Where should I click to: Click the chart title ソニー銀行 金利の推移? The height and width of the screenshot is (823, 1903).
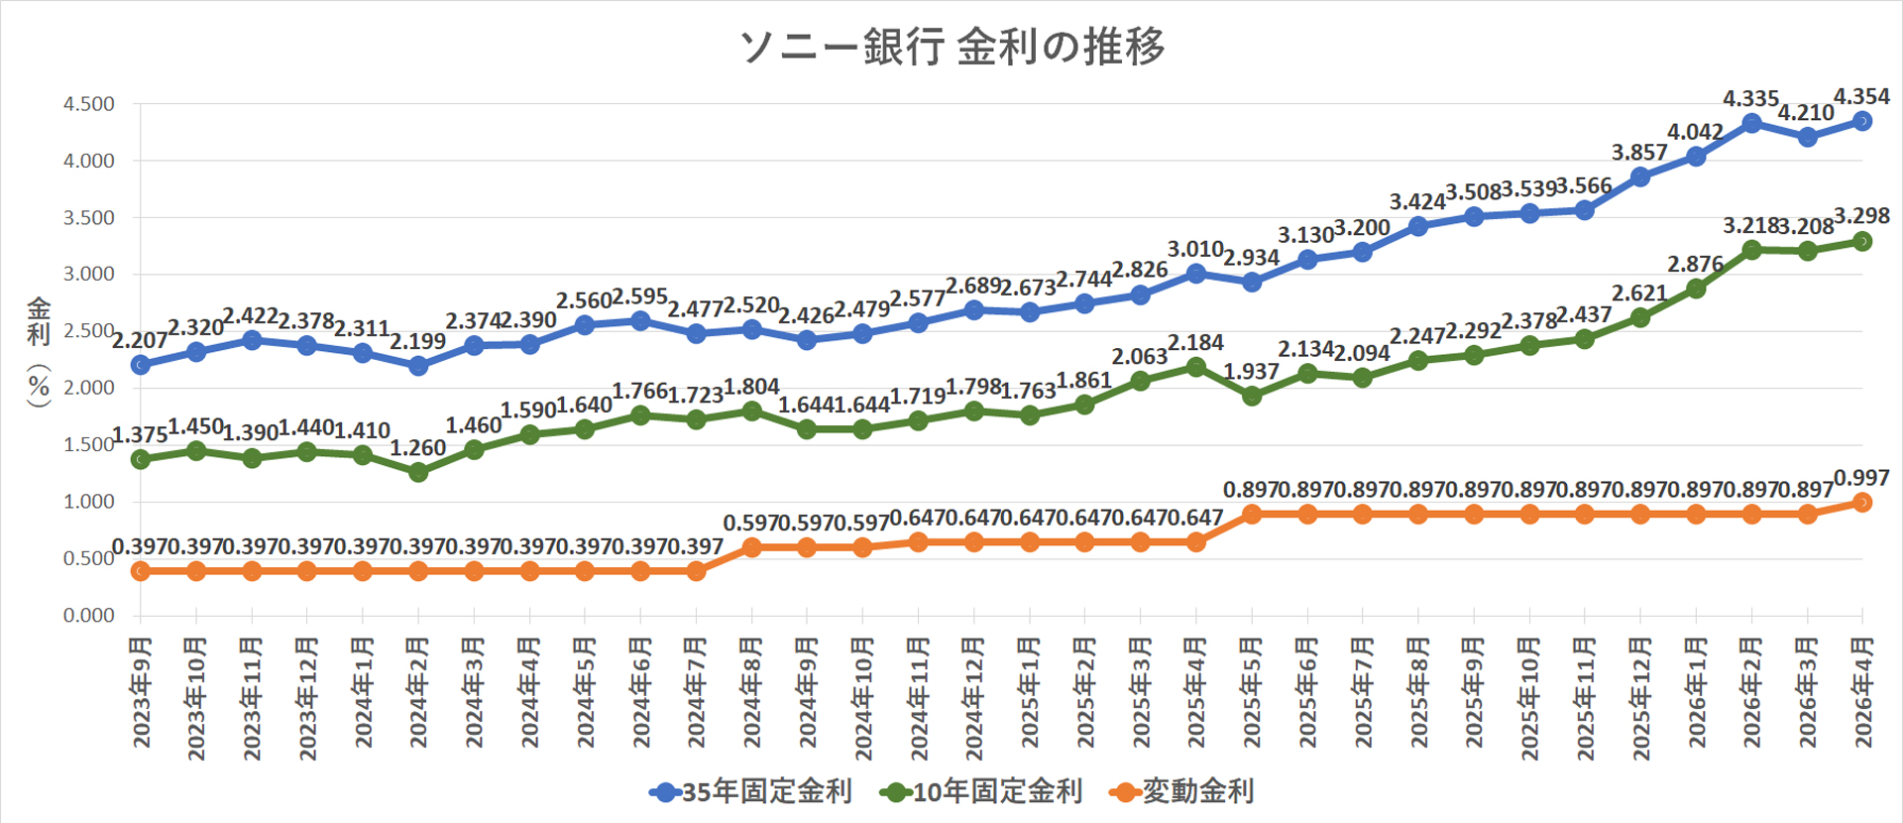click(952, 47)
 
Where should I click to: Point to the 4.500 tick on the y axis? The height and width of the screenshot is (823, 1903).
click(89, 104)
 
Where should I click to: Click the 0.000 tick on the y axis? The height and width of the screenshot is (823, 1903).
click(89, 616)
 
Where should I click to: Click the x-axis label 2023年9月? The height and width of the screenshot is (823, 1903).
click(142, 693)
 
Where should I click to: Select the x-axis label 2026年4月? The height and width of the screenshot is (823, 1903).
click(1863, 693)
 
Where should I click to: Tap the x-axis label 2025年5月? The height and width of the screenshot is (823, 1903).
click(1252, 693)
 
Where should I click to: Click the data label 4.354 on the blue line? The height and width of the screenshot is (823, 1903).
click(1861, 97)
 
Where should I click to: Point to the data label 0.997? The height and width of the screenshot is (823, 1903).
click(1861, 479)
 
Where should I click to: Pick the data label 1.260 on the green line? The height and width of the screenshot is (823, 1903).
click(417, 448)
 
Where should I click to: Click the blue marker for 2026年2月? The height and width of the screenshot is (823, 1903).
click(1751, 123)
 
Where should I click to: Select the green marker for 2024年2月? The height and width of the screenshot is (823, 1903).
click(418, 473)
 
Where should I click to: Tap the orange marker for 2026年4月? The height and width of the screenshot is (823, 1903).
click(1862, 503)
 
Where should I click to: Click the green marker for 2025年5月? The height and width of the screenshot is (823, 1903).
click(1252, 396)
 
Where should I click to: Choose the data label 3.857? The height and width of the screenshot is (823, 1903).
click(1639, 153)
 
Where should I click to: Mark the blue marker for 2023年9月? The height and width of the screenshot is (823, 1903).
click(141, 365)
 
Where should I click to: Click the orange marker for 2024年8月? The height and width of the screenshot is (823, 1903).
click(751, 547)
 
